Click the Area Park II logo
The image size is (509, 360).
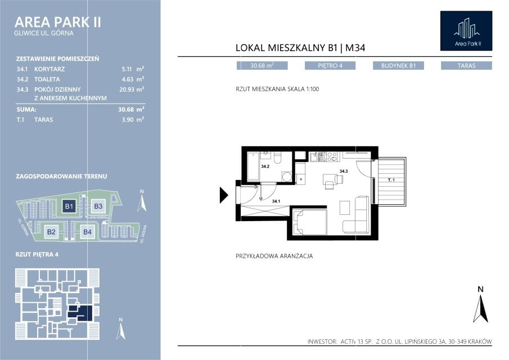click(466, 31)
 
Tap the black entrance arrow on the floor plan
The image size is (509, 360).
click(224, 195)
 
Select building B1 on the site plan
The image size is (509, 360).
click(69, 206)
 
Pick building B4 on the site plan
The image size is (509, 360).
click(87, 232)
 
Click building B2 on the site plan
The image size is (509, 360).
click(51, 232)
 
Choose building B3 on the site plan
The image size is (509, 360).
click(98, 206)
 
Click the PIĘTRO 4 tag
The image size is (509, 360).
click(330, 66)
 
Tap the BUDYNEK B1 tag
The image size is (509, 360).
click(398, 66)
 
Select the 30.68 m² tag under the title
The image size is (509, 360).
click(262, 66)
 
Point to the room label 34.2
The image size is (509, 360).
click(265, 166)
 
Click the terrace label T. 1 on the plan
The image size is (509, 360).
click(391, 180)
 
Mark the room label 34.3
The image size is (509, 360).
click(344, 171)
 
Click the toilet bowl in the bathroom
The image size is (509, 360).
click(277, 157)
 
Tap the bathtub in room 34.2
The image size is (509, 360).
click(253, 166)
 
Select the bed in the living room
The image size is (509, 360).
click(309, 222)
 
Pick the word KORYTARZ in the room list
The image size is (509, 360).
click(49, 69)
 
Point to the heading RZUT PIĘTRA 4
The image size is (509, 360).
click(37, 254)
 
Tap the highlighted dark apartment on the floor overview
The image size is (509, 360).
click(82, 313)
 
